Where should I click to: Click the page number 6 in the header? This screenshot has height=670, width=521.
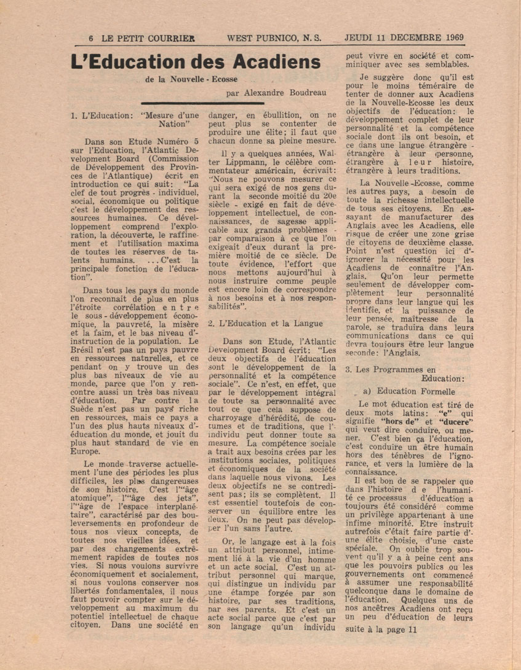click(91, 37)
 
